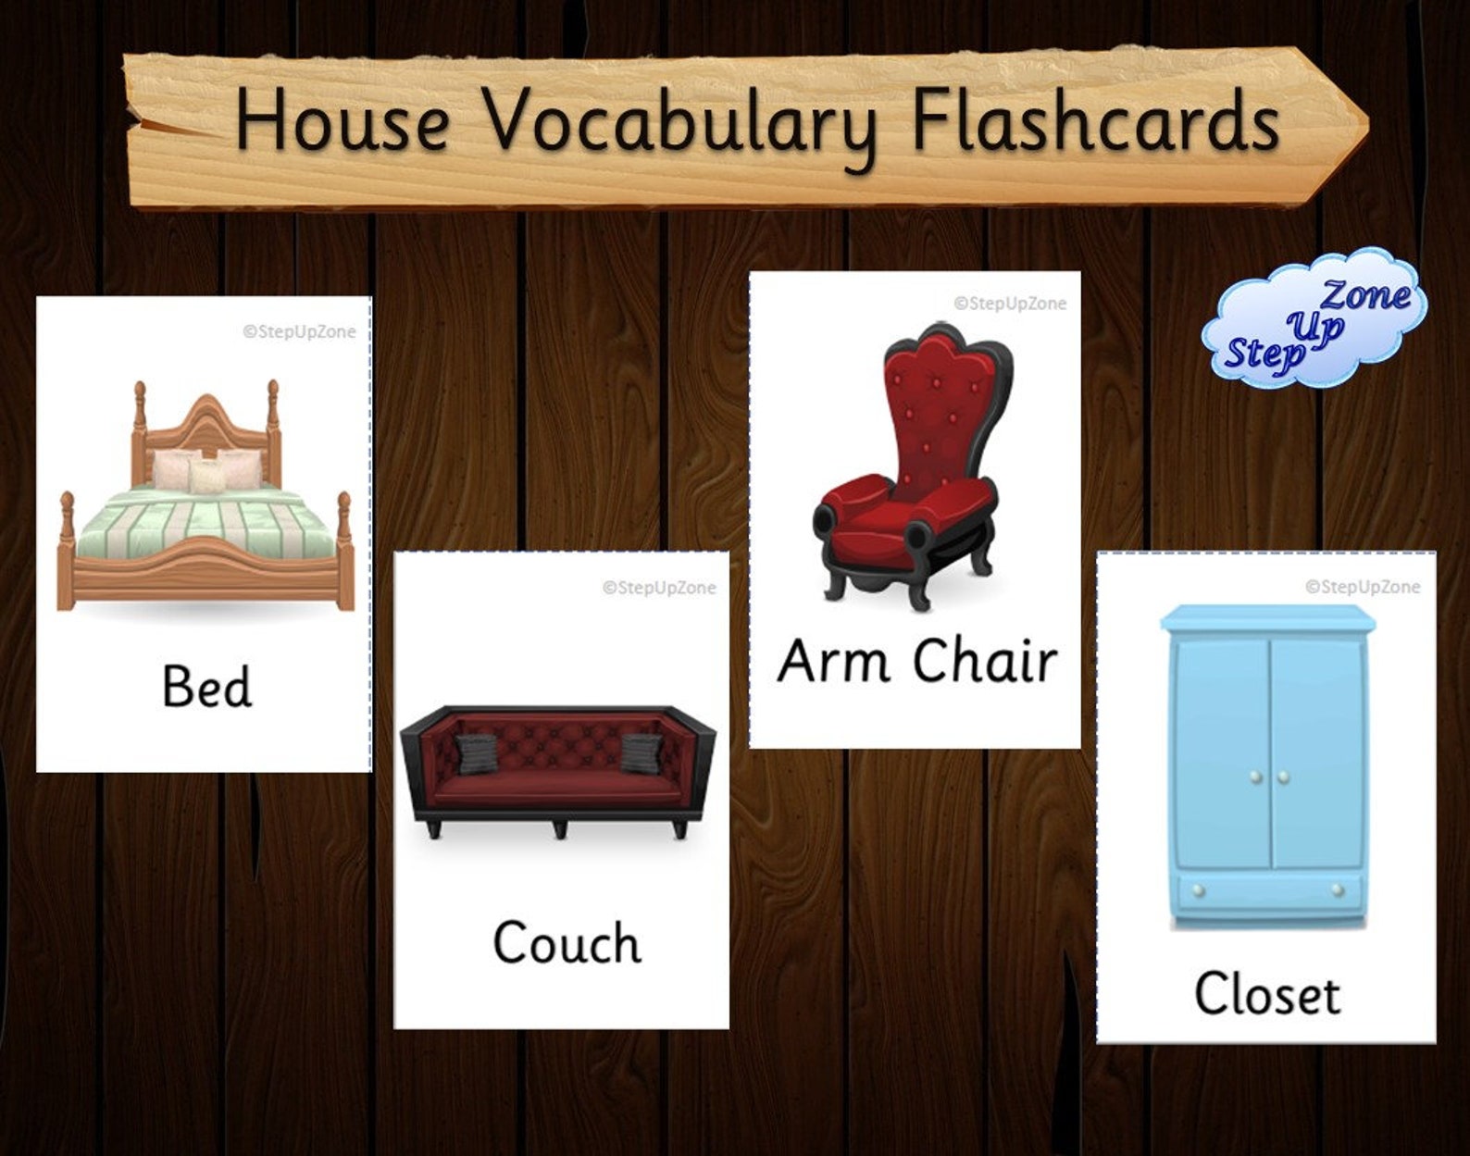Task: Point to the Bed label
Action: pos(206,687)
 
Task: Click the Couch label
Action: pos(567,943)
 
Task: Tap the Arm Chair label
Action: pos(916,661)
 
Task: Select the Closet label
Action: pos(1266,994)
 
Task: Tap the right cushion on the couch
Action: pos(642,752)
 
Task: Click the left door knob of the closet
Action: pos(1254,777)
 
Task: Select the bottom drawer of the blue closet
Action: pos(1266,890)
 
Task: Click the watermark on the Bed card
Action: pos(299,331)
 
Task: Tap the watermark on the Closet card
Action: pos(1362,587)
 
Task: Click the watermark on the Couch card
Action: pos(659,587)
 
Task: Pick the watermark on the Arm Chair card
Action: pos(1010,303)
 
